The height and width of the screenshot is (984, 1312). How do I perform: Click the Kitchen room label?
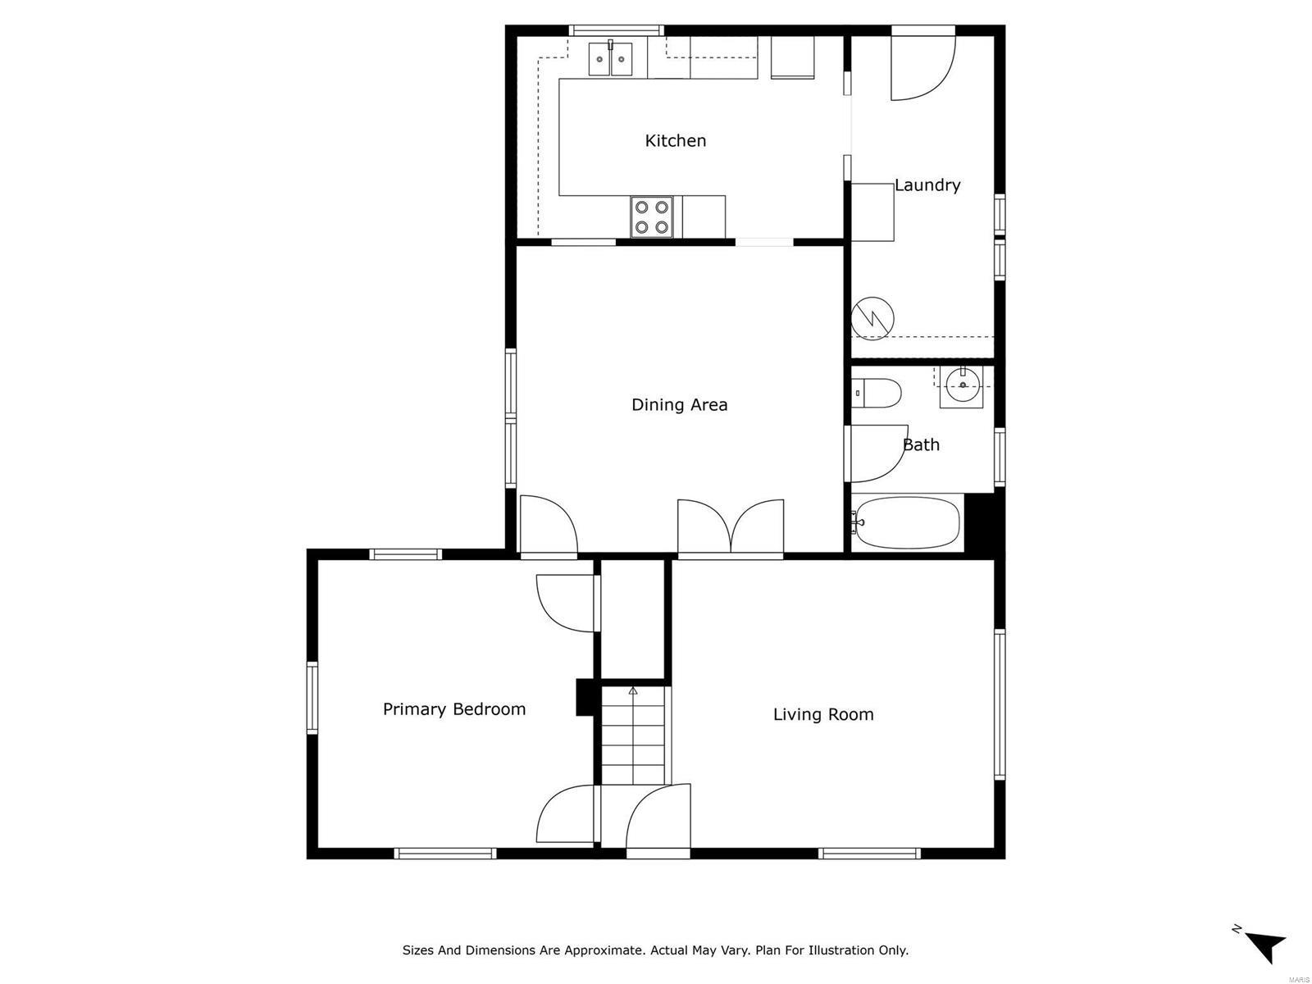coord(675,141)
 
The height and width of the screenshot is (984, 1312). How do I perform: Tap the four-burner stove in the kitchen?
coord(652,216)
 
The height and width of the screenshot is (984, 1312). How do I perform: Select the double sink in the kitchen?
coord(611,59)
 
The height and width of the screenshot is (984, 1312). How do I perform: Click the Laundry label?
coord(927,185)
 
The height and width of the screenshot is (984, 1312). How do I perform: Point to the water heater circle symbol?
coord(872,317)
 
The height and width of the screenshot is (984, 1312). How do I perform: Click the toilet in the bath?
coord(876,393)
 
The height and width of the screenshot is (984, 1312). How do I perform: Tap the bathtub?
coord(907,522)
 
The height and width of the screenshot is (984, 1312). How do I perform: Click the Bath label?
coord(921,445)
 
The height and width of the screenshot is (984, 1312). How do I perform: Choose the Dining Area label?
coord(679,405)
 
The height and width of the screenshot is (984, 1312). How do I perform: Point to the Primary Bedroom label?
coord(454,709)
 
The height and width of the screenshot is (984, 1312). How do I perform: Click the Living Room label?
coord(823,715)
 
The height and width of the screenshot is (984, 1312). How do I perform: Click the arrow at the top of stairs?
coord(632,691)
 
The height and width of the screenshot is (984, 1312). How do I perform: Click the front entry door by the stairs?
coord(656,817)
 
